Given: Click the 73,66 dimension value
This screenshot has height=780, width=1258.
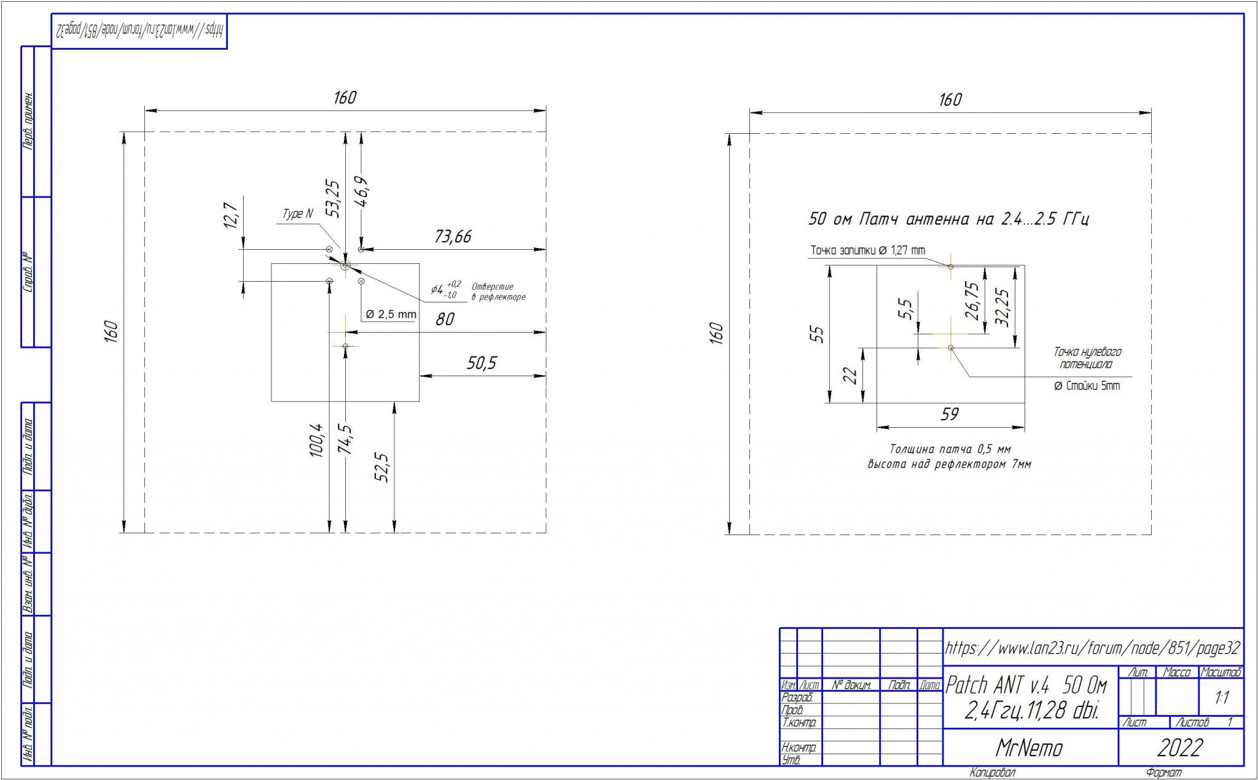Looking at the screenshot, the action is [453, 236].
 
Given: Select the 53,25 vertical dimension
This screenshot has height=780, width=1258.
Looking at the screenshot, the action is [333, 198].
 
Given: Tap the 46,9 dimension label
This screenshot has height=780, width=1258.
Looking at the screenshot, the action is [362, 192].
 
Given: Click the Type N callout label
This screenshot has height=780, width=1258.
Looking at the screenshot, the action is [297, 214].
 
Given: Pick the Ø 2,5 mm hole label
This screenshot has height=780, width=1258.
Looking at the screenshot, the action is [391, 314].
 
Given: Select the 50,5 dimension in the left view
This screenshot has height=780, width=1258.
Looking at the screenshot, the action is [481, 363].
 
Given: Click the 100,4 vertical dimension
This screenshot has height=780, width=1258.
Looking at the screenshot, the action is [316, 440].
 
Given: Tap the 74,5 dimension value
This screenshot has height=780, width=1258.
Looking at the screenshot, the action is [345, 439].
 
